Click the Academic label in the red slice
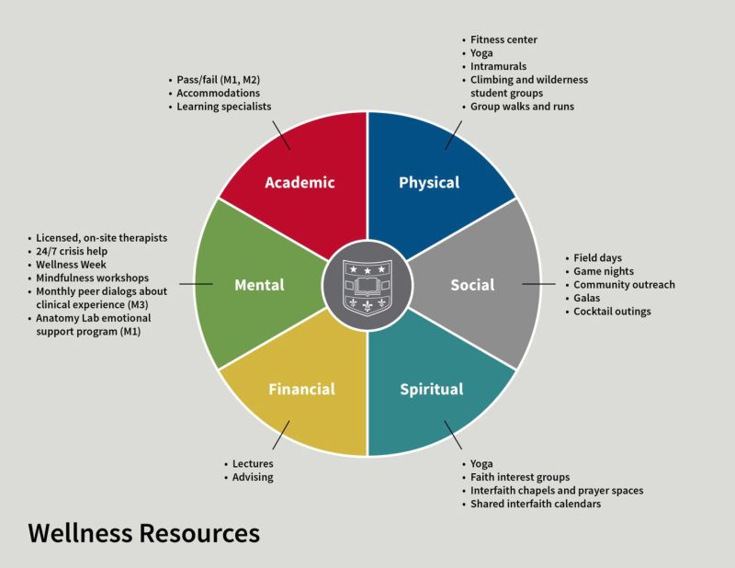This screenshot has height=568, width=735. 300,182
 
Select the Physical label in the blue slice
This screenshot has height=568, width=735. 429,182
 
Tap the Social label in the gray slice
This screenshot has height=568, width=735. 472,285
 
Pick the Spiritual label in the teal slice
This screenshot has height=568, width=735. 432,389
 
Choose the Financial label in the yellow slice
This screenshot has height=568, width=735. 301,389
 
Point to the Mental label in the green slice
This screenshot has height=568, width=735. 258,285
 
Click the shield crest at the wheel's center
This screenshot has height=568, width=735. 367,285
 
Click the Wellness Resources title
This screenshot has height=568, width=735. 143,532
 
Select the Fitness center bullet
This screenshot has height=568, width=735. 503,40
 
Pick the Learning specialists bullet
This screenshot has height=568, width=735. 224,107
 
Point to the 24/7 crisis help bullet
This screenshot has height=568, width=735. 78,251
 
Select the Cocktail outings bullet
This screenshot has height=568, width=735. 612,312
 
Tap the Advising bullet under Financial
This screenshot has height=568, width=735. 253,477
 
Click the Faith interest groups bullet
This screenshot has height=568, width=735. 520,477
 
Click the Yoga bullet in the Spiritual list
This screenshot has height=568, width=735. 481,464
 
